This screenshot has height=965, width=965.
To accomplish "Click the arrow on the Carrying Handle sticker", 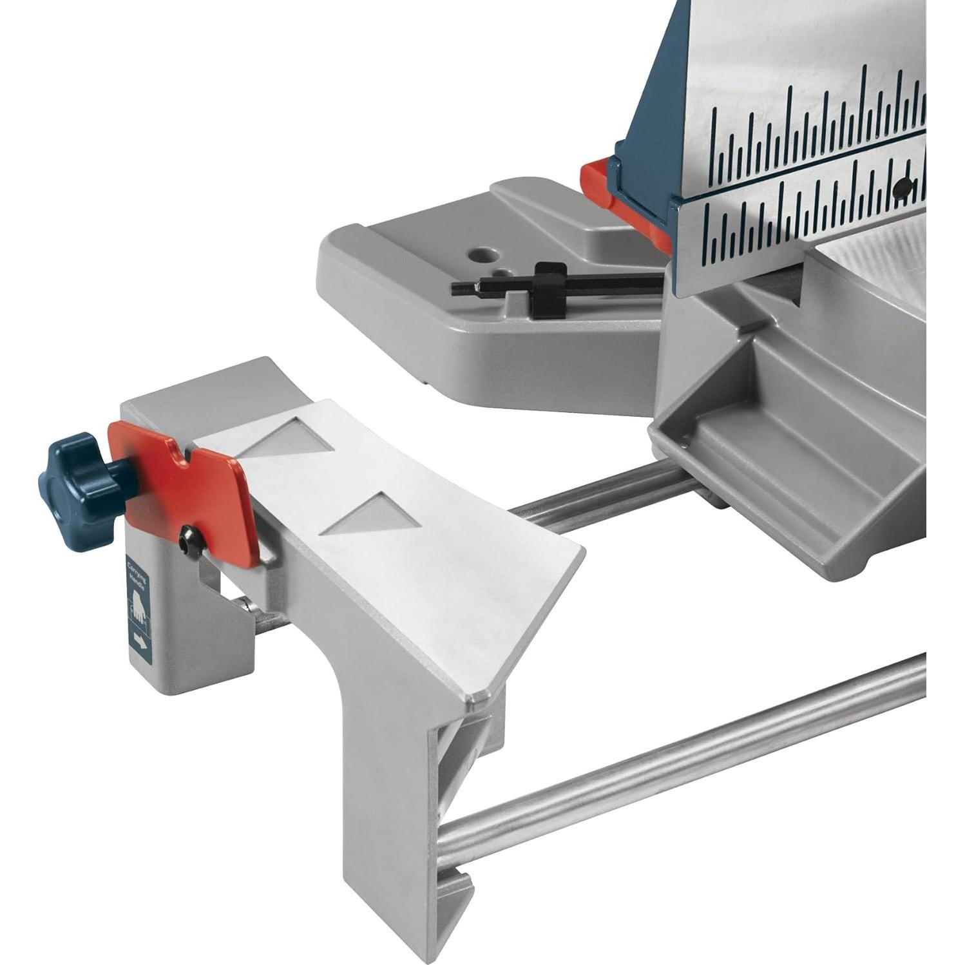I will coord(138,642).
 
